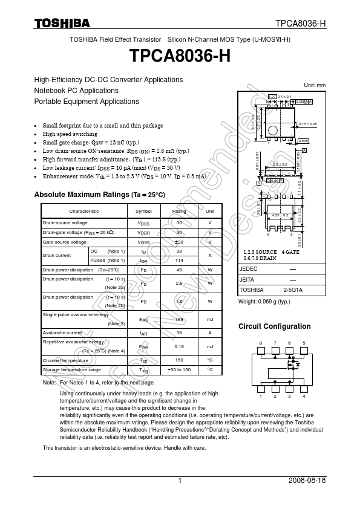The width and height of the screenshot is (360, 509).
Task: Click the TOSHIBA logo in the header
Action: (x=62, y=24)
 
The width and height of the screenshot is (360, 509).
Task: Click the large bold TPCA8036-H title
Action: (x=180, y=56)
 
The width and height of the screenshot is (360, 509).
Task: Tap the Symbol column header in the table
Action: (x=143, y=211)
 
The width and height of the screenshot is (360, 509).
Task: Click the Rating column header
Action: (x=179, y=211)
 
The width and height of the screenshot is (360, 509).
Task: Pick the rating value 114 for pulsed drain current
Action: (x=179, y=260)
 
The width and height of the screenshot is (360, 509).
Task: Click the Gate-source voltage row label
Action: (x=64, y=242)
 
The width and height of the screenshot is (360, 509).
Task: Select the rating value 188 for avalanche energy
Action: (x=179, y=319)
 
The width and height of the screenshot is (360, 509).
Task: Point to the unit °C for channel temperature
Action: (x=210, y=360)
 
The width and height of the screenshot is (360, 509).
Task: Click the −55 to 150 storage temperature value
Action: (x=179, y=369)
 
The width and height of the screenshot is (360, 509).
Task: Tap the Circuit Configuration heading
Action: (x=275, y=326)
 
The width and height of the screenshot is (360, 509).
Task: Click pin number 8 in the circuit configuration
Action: (x=261, y=343)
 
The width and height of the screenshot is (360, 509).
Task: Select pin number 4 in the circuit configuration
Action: (x=304, y=397)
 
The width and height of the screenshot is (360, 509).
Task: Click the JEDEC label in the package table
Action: (x=249, y=268)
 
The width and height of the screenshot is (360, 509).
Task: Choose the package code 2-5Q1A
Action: (x=293, y=290)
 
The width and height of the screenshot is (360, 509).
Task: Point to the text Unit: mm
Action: (x=315, y=85)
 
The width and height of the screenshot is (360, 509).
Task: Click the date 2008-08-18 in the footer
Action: (x=308, y=481)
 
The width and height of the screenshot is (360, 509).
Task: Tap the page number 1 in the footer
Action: (x=180, y=481)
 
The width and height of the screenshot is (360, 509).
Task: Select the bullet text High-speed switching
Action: (x=70, y=134)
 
